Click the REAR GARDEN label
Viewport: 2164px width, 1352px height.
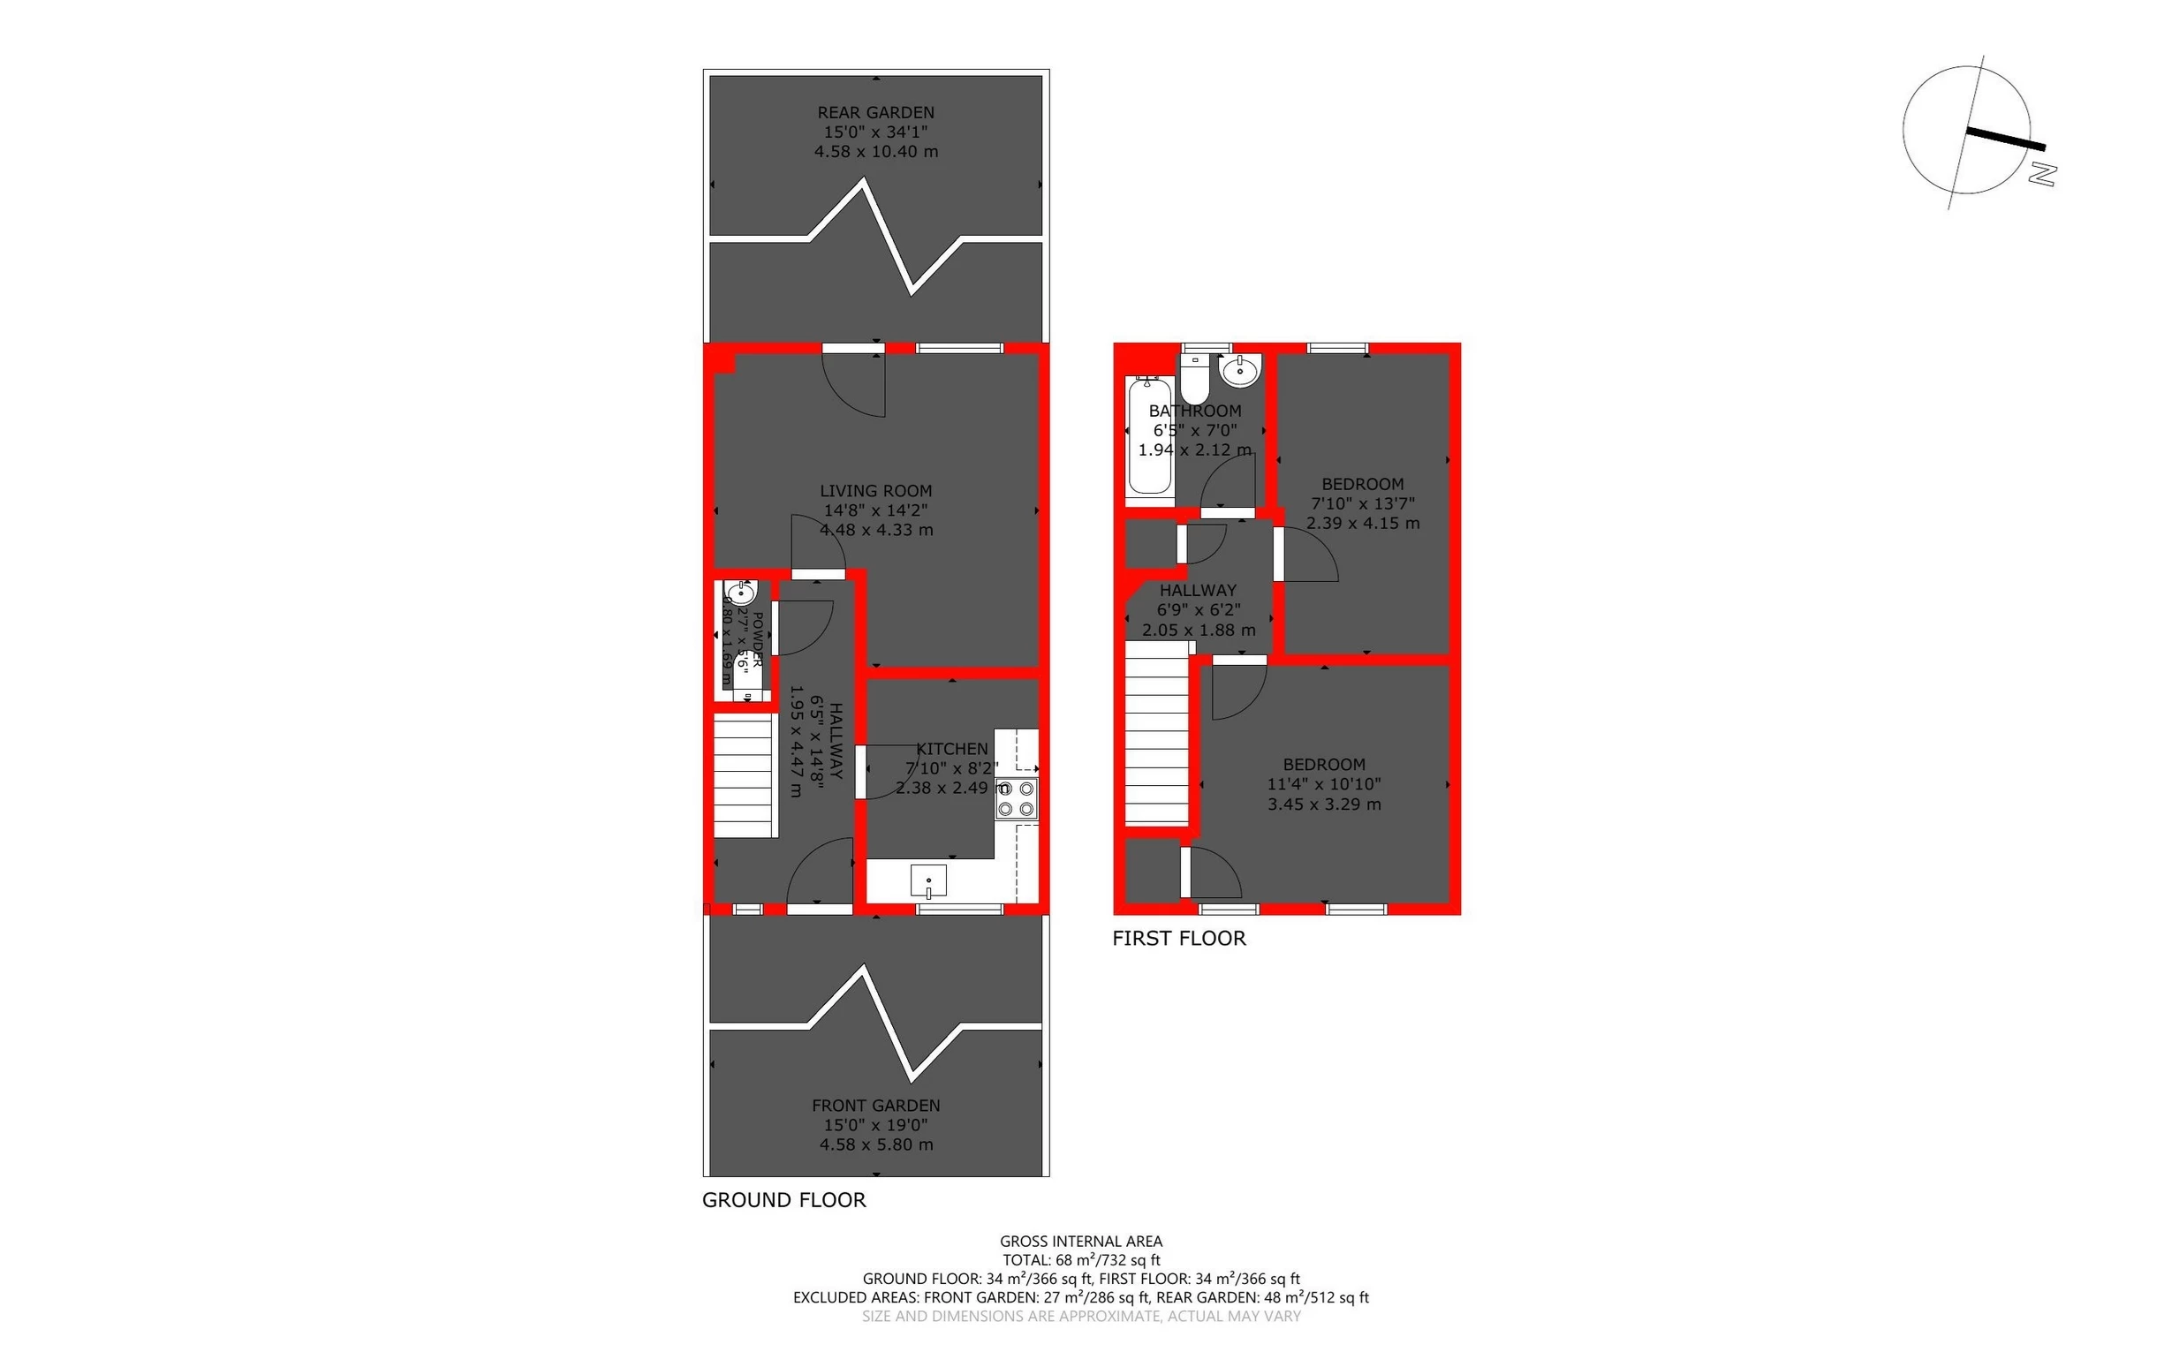click(875, 113)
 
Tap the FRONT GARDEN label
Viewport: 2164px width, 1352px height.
click(875, 1106)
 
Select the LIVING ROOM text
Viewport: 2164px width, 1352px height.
click(875, 491)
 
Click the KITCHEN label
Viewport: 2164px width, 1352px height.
click(951, 749)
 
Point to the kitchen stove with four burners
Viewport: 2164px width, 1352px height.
click(1017, 798)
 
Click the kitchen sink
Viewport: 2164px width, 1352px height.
click(928, 880)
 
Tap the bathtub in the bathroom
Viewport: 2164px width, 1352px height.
click(1149, 435)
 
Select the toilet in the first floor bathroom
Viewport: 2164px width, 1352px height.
click(1194, 380)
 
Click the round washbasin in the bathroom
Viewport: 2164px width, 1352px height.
click(1240, 370)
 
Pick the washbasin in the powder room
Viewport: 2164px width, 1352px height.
click(740, 592)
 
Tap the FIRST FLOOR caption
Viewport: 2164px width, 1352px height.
click(1178, 938)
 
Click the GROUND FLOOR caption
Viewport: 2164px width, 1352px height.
click(783, 1200)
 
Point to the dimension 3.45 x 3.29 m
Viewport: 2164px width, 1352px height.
click(1323, 804)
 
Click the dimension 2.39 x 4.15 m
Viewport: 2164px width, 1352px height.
click(1362, 524)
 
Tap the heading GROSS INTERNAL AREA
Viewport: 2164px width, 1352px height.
click(1080, 1241)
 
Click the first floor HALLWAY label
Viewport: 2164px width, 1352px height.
click(1198, 590)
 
